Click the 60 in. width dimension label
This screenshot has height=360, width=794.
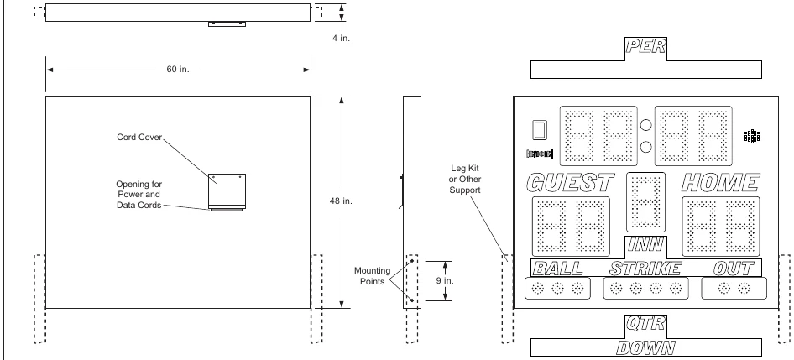tap(178, 70)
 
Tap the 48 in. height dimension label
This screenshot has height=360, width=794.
tap(341, 201)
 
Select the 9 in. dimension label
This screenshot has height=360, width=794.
tap(445, 280)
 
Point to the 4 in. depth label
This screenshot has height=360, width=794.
tap(341, 38)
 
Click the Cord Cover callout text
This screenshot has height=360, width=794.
tap(139, 138)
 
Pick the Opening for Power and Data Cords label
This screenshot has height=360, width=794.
tap(138, 195)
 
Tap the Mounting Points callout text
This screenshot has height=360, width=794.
tap(372, 276)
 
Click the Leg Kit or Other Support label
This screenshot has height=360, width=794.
tap(465, 179)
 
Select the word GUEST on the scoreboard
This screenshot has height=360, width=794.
tap(570, 183)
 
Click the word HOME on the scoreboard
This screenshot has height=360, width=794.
tap(720, 183)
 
